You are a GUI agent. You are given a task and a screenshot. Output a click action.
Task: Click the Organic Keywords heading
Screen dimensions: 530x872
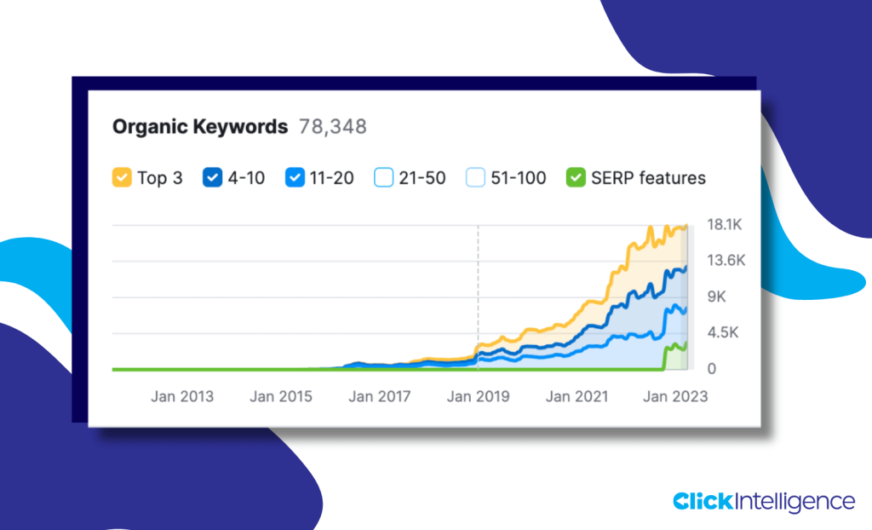tap(200, 127)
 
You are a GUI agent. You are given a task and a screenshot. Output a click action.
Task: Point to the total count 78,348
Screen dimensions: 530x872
tap(333, 127)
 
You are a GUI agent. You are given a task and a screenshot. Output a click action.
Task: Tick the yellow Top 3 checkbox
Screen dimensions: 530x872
tap(122, 177)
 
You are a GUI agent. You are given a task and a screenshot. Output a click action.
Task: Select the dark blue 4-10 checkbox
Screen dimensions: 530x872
tap(212, 177)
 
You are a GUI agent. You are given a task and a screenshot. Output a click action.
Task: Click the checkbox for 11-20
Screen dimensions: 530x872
tap(295, 177)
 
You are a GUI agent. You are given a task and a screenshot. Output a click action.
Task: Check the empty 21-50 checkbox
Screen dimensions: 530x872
tap(384, 177)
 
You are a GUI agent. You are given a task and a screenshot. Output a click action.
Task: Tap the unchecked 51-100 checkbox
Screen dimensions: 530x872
tap(475, 177)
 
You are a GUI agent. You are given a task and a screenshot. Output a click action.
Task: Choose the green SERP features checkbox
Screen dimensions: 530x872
tap(576, 177)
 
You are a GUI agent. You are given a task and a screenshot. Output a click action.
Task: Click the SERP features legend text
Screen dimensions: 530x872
tap(648, 178)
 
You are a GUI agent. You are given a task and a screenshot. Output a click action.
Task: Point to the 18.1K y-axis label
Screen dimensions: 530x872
tap(725, 225)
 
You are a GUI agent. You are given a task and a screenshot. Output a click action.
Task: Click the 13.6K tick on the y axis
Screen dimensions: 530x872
tap(726, 261)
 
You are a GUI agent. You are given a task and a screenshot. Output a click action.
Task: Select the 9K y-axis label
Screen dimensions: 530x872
tap(716, 297)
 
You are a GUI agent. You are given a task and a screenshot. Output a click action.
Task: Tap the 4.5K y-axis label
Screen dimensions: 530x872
tap(722, 333)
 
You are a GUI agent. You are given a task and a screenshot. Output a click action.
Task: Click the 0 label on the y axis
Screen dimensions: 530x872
tap(712, 369)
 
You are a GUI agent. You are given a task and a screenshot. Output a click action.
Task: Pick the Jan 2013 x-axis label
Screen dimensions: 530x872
tap(182, 396)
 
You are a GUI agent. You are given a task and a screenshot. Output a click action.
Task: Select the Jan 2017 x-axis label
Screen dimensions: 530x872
tap(379, 396)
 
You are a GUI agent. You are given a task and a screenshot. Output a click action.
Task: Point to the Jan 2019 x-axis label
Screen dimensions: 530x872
tap(478, 396)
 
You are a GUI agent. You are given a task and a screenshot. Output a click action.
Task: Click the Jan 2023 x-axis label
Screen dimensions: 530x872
tap(675, 396)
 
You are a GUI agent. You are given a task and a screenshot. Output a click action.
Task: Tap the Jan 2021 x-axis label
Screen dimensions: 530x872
tap(577, 396)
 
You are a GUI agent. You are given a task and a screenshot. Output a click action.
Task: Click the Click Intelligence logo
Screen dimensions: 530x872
tap(763, 501)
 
